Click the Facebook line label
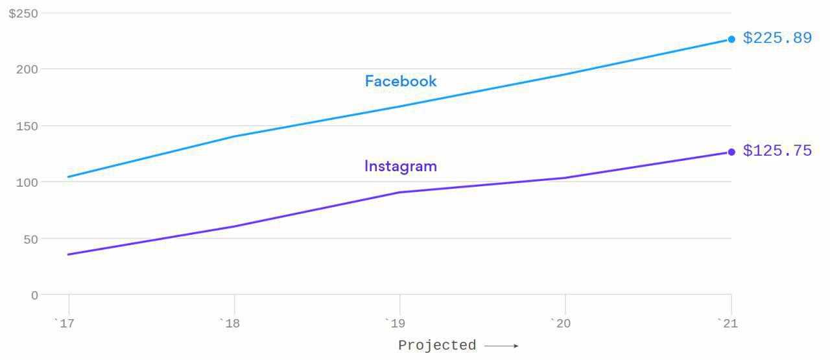pyautogui.click(x=401, y=81)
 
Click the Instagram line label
pyautogui.click(x=401, y=166)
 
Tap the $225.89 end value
pyautogui.click(x=777, y=38)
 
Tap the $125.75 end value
pyautogui.click(x=777, y=151)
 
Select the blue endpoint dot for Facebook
pyautogui.click(x=731, y=39)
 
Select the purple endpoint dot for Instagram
pyautogui.click(x=731, y=152)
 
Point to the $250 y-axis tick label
pyautogui.click(x=23, y=14)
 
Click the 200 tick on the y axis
pyautogui.click(x=27, y=69)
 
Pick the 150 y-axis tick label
pyautogui.click(x=27, y=126)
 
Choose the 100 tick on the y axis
pyautogui.click(x=27, y=182)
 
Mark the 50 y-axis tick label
pyautogui.click(x=30, y=239)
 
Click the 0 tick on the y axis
pyautogui.click(x=34, y=295)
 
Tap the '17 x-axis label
pyautogui.click(x=65, y=324)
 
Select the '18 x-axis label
pyautogui.click(x=231, y=324)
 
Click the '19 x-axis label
pyautogui.click(x=396, y=324)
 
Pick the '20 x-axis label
pyautogui.click(x=562, y=324)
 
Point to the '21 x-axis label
pyautogui.click(x=728, y=324)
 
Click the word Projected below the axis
pyautogui.click(x=437, y=346)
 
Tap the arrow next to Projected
pyautogui.click(x=501, y=346)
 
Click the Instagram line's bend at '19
pyautogui.click(x=399, y=192)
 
